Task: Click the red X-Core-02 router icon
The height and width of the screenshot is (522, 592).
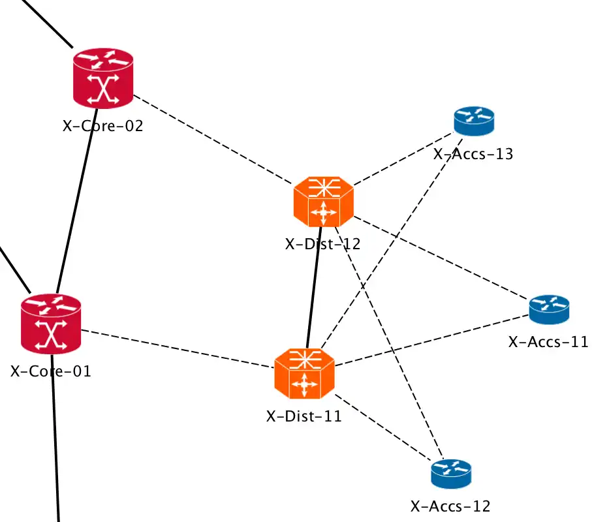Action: pyautogui.click(x=102, y=78)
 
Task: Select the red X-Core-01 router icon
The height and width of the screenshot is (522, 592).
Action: pyautogui.click(x=51, y=323)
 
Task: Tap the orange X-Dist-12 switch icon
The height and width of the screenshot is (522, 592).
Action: pyautogui.click(x=322, y=202)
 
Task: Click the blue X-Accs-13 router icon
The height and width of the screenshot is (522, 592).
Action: pyautogui.click(x=474, y=120)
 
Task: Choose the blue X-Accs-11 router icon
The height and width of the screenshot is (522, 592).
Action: pyautogui.click(x=549, y=309)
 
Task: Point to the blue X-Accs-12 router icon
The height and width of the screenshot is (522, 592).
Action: pyautogui.click(x=450, y=473)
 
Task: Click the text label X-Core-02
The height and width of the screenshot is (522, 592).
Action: pyautogui.click(x=102, y=126)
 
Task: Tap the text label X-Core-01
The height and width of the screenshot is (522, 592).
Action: pyautogui.click(x=51, y=371)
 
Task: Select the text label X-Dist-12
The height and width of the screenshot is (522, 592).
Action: pyautogui.click(x=322, y=244)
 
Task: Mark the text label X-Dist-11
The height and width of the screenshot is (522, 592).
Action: pyautogui.click(x=304, y=416)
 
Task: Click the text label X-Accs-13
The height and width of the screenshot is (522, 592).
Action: pyautogui.click(x=473, y=155)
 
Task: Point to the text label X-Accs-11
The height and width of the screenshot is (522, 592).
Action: pyautogui.click(x=548, y=341)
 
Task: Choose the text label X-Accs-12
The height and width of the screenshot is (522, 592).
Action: pyautogui.click(x=450, y=506)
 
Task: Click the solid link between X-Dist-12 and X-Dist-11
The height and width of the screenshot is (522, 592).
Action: pyautogui.click(x=314, y=287)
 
